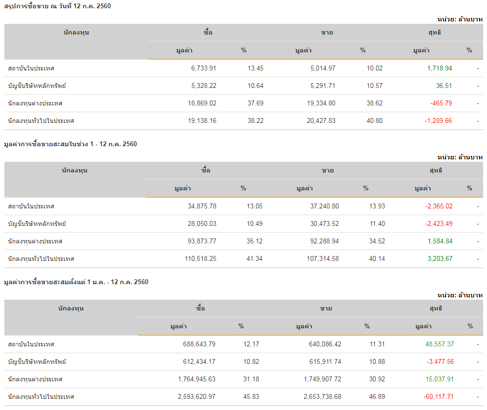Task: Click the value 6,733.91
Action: [204, 68]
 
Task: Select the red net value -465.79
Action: [441, 103]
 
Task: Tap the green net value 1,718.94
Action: [439, 68]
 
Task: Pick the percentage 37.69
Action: [256, 103]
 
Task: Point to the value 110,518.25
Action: [198, 259]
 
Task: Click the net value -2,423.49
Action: [438, 224]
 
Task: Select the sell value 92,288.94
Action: [321, 241]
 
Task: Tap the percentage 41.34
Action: [255, 259]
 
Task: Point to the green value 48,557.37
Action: [439, 344]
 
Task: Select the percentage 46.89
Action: [377, 397]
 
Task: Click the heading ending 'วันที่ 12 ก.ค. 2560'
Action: [54, 6]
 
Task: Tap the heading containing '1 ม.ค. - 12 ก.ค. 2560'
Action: [76, 282]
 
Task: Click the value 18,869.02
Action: [200, 103]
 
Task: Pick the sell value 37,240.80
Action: [324, 206]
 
